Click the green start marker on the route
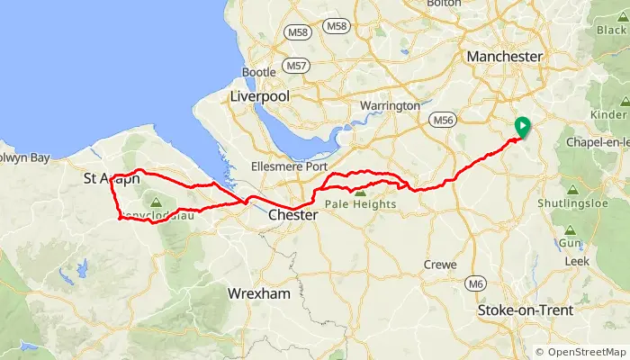tap(520, 128)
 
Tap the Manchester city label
tap(504, 57)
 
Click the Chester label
tap(292, 216)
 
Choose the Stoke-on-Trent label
tap(521, 311)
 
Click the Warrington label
tap(389, 106)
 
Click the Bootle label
tap(258, 72)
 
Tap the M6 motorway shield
tap(477, 284)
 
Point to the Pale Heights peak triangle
tap(361, 192)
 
